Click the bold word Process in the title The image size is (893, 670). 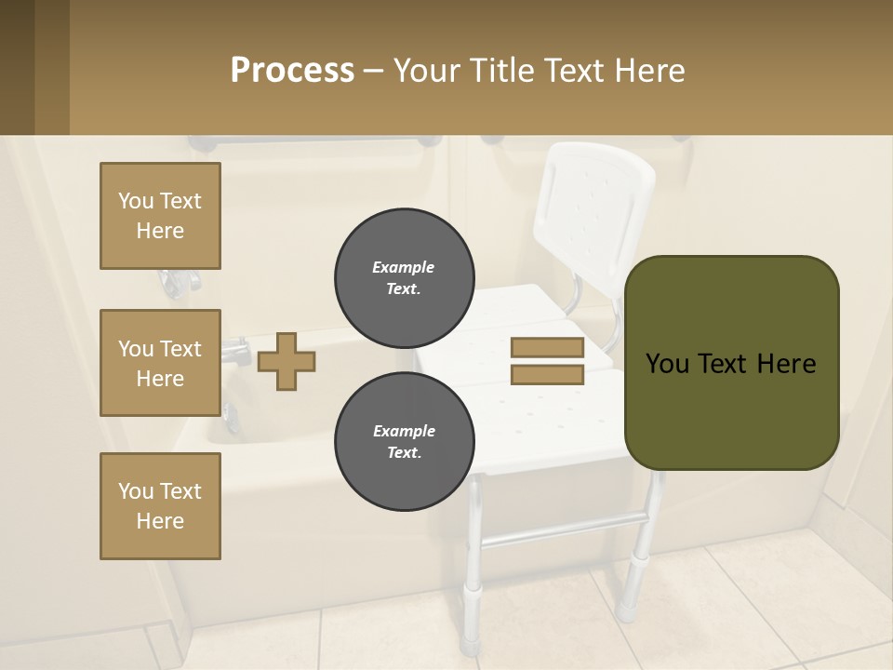(292, 71)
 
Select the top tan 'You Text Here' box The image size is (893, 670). (160, 216)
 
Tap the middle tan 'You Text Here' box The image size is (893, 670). (160, 363)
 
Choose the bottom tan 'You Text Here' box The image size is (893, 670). (160, 506)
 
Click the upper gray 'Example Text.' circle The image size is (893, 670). (404, 277)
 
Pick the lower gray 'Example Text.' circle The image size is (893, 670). (404, 441)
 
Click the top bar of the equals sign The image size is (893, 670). (547, 347)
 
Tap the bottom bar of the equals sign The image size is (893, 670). (547, 375)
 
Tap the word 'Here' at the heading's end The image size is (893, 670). (650, 71)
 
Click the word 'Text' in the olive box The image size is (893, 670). (731, 363)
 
